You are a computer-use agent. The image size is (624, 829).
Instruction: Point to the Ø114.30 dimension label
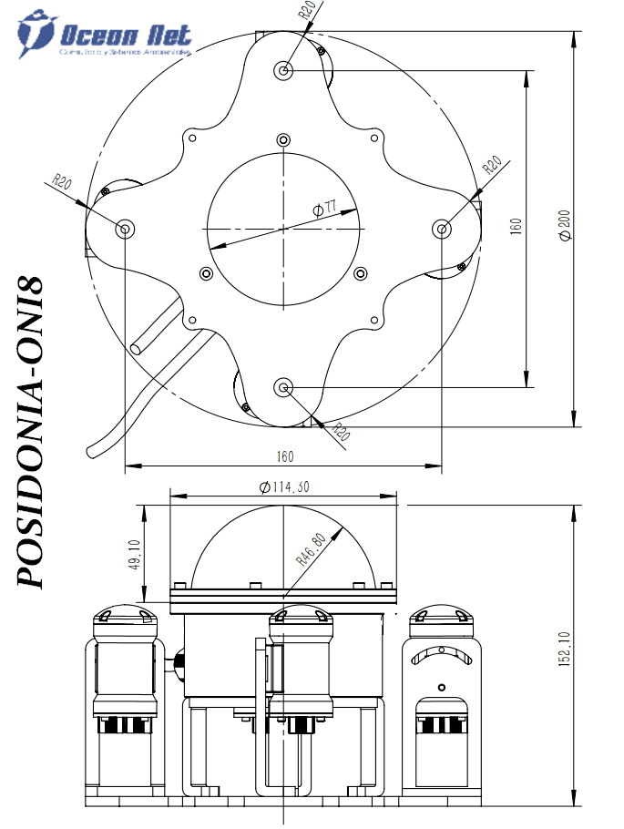pyautogui.click(x=284, y=486)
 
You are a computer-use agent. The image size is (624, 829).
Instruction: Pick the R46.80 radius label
pyautogui.click(x=310, y=549)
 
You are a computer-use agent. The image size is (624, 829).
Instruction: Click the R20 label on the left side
pyautogui.click(x=63, y=180)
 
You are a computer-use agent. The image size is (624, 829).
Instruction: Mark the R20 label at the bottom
pyautogui.click(x=340, y=432)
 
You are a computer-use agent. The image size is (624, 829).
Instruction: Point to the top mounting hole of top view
pyautogui.click(x=284, y=69)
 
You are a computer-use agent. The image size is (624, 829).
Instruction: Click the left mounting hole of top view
pyautogui.click(x=125, y=227)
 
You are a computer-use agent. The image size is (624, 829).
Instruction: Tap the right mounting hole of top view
pyautogui.click(x=443, y=228)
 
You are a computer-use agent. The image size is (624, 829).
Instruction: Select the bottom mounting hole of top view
pyautogui.click(x=284, y=388)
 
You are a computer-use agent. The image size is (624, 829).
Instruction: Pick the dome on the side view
pyautogui.click(x=284, y=547)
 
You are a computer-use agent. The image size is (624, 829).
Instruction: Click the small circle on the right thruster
pyautogui.click(x=442, y=687)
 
